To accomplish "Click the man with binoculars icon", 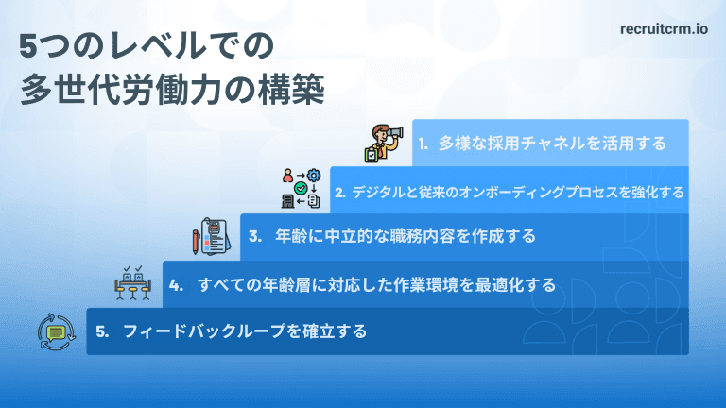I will tap(385, 143).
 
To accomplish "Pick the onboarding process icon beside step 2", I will tap(302, 189).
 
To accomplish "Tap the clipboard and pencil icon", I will tap(212, 236).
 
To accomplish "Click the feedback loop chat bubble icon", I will tap(56, 331).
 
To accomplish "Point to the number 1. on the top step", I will tap(423, 144).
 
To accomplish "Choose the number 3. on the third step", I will tap(255, 236).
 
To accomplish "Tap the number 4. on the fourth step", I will tap(175, 284).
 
